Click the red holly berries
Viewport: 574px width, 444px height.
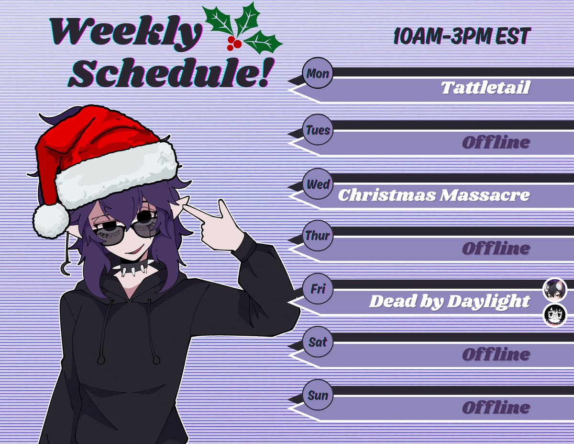(x=234, y=43)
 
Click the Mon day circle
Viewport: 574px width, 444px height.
(x=317, y=74)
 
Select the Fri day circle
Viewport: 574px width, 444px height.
(x=317, y=290)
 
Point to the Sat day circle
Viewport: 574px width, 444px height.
(x=317, y=342)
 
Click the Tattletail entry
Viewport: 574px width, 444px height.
(x=485, y=88)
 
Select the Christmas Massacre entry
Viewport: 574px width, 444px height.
(x=434, y=195)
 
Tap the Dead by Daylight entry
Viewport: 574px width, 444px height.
(x=450, y=302)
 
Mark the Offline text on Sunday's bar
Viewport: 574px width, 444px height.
(x=496, y=408)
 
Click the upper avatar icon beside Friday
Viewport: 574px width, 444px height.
(x=555, y=289)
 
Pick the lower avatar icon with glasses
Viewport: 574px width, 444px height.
(x=555, y=315)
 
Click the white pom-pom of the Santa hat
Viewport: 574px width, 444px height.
(x=50, y=220)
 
